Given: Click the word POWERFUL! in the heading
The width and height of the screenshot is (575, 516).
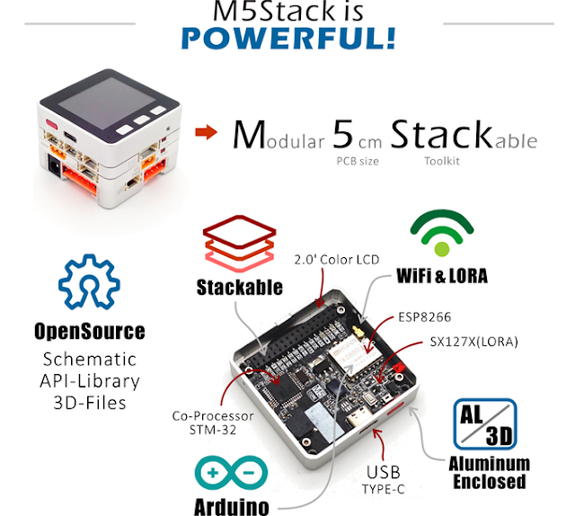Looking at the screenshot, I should click(287, 39).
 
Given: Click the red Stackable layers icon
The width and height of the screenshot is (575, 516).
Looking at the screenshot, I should click(240, 242).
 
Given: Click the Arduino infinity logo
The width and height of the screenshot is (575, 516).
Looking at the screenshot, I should click(230, 472).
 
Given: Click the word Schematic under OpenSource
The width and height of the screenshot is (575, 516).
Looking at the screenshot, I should click(89, 359).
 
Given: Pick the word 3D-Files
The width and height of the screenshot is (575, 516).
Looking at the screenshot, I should click(89, 402).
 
